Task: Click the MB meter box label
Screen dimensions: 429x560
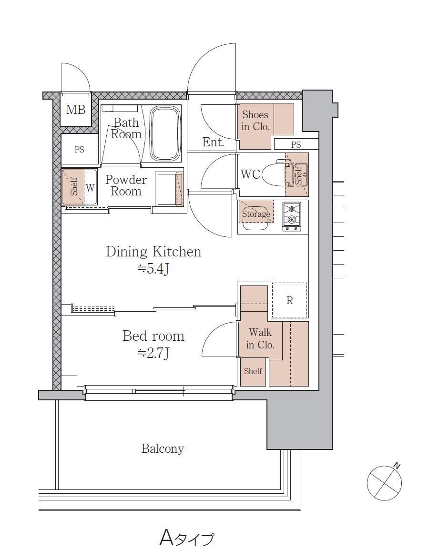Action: (x=76, y=109)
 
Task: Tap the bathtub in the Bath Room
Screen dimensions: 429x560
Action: (x=165, y=133)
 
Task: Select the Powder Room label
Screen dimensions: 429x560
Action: (x=126, y=185)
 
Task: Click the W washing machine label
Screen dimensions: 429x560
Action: (x=90, y=187)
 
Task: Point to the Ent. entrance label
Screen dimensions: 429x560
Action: (x=213, y=142)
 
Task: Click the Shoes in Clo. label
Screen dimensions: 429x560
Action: (x=255, y=121)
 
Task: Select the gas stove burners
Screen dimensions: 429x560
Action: (x=291, y=216)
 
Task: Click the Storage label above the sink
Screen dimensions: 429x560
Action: (x=256, y=214)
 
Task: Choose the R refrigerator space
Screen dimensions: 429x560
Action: (x=289, y=300)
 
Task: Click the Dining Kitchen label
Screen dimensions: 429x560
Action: (x=153, y=252)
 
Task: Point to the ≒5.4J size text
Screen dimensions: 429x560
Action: (x=153, y=269)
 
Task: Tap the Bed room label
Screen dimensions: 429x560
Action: (x=153, y=336)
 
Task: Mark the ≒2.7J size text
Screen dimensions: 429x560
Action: (x=153, y=353)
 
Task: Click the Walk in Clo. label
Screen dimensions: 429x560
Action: (x=260, y=338)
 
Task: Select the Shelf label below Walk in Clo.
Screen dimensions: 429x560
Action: (x=253, y=371)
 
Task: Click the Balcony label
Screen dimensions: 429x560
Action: (x=163, y=448)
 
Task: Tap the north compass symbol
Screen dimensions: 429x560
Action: (x=384, y=483)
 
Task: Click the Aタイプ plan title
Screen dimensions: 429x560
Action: (x=187, y=538)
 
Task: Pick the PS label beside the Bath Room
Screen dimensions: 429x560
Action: (x=79, y=149)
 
